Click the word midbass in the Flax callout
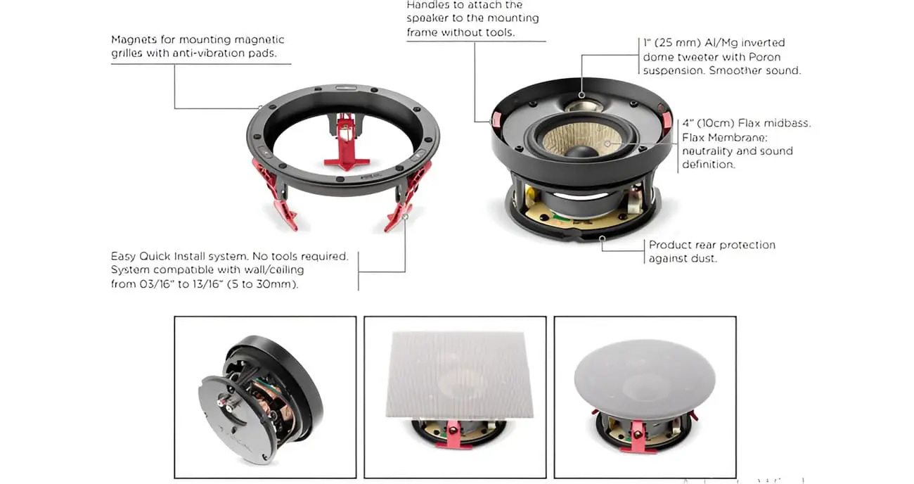click(x=787, y=123)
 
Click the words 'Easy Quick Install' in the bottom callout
click(x=161, y=257)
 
